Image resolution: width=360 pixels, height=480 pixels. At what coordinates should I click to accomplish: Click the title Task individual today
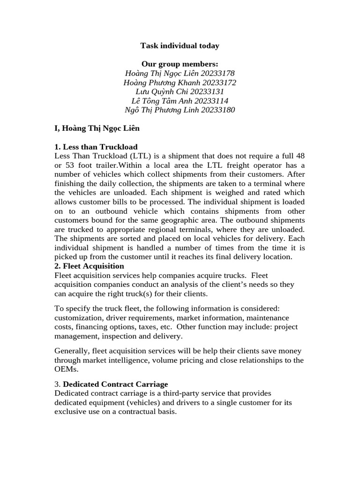point(180,46)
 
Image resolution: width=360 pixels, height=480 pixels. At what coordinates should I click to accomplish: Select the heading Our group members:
point(180,64)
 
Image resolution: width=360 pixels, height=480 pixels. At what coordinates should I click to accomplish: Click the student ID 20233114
point(212,101)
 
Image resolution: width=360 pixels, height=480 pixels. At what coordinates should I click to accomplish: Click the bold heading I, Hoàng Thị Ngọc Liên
point(97,128)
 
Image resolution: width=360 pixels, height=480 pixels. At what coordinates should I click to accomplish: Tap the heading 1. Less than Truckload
point(96,147)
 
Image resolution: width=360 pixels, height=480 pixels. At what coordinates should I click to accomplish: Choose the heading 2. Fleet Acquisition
point(90,266)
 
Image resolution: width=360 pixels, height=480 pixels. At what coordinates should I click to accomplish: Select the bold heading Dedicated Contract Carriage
point(115,384)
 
